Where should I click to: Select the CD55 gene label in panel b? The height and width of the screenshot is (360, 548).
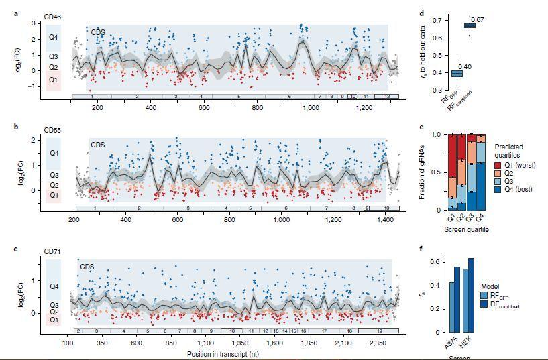53,130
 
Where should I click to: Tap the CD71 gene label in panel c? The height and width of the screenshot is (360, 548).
53,251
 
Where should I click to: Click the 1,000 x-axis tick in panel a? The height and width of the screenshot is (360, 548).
311,108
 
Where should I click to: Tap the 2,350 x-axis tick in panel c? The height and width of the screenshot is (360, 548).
377,343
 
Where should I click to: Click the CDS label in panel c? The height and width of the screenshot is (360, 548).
87,267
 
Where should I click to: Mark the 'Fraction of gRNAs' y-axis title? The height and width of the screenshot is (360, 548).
422,172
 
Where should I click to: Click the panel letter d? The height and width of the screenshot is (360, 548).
421,13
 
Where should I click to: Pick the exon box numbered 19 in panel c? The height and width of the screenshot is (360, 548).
378,331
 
